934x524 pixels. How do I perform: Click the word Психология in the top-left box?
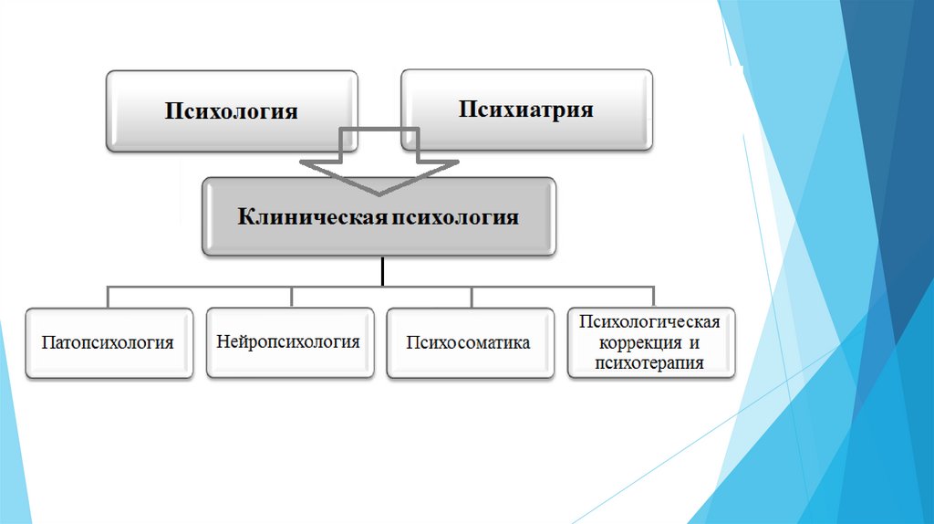click(x=232, y=111)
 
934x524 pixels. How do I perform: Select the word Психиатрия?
click(x=526, y=110)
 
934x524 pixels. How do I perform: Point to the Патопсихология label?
click(x=108, y=343)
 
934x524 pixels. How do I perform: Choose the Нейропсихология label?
click(x=288, y=341)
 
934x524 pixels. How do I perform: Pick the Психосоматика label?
click(x=469, y=343)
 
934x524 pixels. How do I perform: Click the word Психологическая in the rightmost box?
click(x=649, y=322)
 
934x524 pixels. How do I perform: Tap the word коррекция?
click(x=636, y=342)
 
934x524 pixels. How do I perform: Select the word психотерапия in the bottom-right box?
click(x=649, y=362)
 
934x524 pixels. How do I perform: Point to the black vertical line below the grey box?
click(x=381, y=270)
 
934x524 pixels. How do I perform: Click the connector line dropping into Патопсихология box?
click(x=109, y=297)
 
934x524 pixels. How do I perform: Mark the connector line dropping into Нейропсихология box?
click(x=291, y=297)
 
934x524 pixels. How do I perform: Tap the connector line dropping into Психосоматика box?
click(x=471, y=297)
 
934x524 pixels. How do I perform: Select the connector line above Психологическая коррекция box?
click(x=653, y=297)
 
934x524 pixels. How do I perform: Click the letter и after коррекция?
click(x=693, y=342)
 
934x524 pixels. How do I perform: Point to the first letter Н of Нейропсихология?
click(x=223, y=341)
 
